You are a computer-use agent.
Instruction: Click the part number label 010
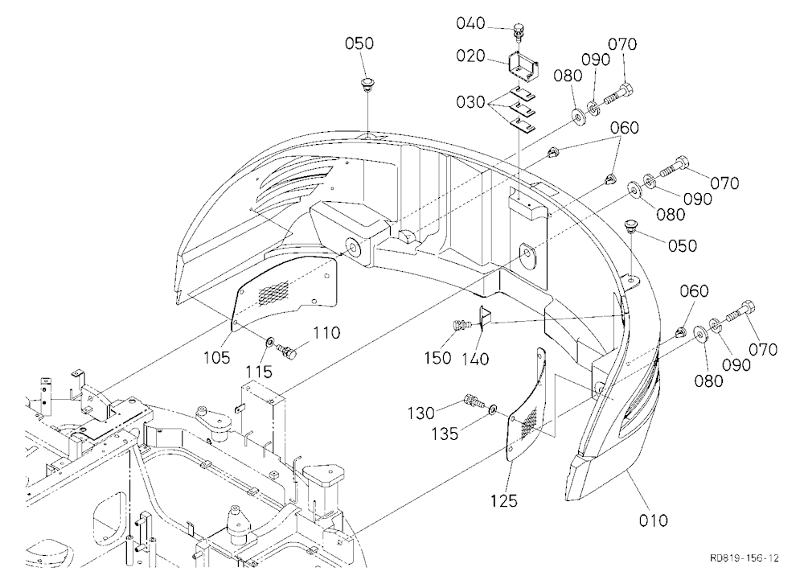point(653,520)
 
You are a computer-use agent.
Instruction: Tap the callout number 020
point(470,56)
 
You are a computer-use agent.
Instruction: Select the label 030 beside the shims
point(470,102)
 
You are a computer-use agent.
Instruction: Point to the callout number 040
point(470,23)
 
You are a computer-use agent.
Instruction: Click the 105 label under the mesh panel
point(217,357)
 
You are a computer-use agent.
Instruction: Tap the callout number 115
point(259,372)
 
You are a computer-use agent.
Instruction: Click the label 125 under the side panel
point(504,500)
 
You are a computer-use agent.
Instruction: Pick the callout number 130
point(421,413)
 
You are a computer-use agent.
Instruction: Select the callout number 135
point(445,434)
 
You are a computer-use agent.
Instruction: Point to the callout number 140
point(475,358)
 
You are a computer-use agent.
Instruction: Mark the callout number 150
point(437,358)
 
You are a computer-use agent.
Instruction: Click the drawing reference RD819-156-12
point(745,557)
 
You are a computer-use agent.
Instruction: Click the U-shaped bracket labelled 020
point(523,66)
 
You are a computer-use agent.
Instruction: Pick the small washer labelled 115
point(269,341)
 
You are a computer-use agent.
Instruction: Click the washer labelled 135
point(492,408)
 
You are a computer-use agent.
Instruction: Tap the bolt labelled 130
point(474,400)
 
